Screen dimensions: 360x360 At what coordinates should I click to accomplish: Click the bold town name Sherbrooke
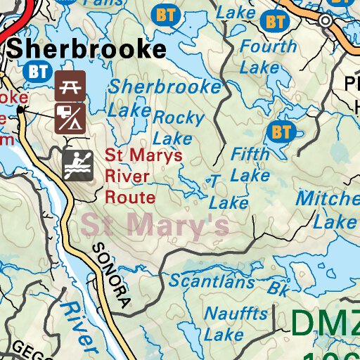point(87,49)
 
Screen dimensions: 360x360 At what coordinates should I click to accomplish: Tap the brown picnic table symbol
point(70,84)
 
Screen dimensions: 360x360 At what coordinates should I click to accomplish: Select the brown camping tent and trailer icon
point(70,119)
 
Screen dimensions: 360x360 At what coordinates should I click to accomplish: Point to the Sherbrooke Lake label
point(165,98)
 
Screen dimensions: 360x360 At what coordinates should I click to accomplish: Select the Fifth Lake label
point(250,163)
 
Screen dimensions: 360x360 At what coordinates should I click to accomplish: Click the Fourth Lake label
point(268,57)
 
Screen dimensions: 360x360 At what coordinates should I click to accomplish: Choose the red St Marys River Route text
point(134,176)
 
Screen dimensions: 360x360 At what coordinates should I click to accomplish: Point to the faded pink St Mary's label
point(155,225)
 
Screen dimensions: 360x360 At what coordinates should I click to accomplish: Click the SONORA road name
point(111,276)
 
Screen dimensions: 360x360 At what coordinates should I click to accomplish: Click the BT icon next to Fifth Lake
point(281,131)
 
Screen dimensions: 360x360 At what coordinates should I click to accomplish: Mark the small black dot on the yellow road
point(21,109)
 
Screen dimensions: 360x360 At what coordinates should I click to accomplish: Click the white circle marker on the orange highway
point(325,21)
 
